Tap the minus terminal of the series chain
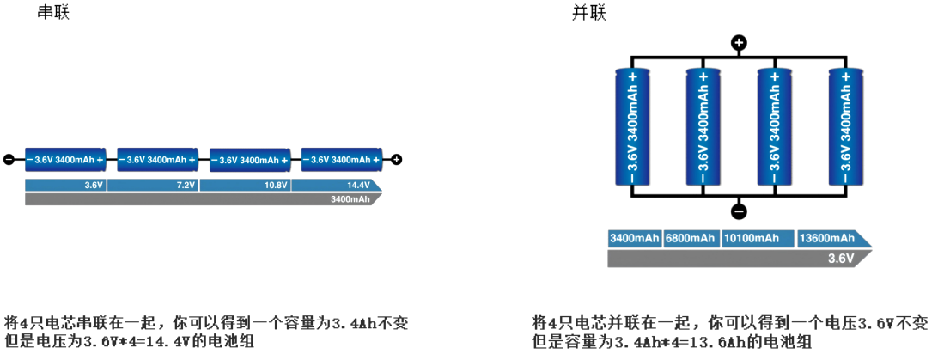tap(9, 159)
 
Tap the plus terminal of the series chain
tap(397, 159)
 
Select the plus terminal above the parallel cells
tap(739, 42)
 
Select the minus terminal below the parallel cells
tap(739, 211)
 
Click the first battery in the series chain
tap(65, 159)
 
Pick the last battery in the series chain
tap(342, 159)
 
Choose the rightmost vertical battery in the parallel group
tap(845, 126)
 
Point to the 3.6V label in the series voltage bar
tap(94, 186)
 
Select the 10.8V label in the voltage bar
tap(275, 186)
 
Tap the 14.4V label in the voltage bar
tap(358, 186)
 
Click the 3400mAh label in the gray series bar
tap(350, 199)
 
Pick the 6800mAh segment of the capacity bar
tap(690, 238)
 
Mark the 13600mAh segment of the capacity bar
tap(826, 238)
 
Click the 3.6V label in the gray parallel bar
tap(841, 259)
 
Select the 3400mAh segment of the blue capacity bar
tap(635, 238)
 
